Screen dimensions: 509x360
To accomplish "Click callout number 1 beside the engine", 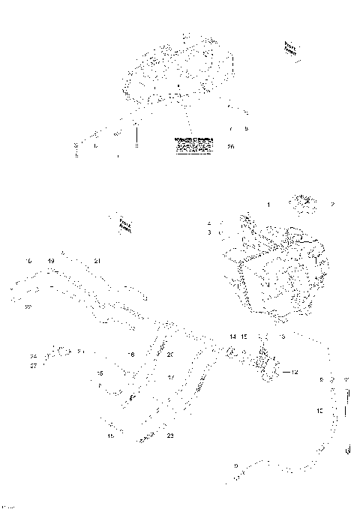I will coord(268,204).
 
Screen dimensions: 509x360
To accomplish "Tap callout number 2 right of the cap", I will coord(332,204).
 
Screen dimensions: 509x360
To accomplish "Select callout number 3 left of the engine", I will coord(209,233).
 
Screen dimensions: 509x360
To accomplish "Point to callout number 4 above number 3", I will coord(209,223).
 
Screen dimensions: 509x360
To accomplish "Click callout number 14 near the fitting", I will coord(232,337).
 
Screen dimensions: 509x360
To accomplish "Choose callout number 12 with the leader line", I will coord(295,372).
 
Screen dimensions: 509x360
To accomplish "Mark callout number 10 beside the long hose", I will coord(319,411).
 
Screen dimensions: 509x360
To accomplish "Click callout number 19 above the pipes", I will coord(51,260).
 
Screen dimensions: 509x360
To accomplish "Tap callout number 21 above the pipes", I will coord(97,260).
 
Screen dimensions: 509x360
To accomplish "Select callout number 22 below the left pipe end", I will coord(27,306).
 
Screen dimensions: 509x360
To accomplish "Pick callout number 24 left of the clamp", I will coord(33,356).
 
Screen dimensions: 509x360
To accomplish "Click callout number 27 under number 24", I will coord(33,366).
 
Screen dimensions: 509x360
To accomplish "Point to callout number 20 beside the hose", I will coord(170,355).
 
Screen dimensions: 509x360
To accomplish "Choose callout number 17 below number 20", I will coord(170,378).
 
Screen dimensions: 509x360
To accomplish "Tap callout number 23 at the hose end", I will coord(170,436).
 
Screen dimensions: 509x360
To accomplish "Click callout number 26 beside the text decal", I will coord(230,147).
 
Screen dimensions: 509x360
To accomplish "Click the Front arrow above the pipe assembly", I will coord(125,224).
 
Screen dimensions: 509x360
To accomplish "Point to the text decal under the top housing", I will coord(193,145).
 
